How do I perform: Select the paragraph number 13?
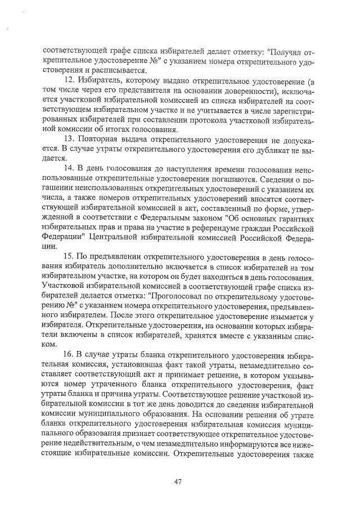[x=70, y=138]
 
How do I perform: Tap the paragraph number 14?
[x=70, y=169]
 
